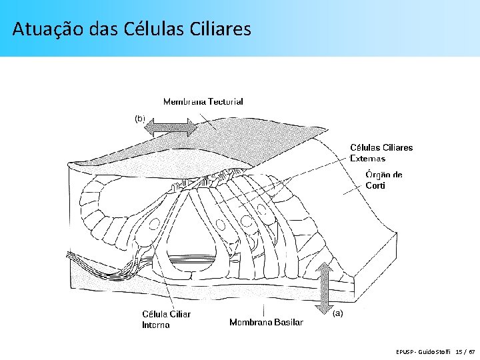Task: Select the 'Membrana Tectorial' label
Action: pyautogui.click(x=203, y=101)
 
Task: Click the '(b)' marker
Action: pyautogui.click(x=140, y=118)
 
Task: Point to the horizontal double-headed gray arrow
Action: pyautogui.click(x=171, y=127)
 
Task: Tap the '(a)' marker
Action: pyautogui.click(x=338, y=313)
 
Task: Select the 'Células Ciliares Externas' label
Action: pyautogui.click(x=381, y=153)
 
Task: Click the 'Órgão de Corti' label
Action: pyautogui.click(x=384, y=180)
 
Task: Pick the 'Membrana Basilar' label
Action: pyautogui.click(x=266, y=322)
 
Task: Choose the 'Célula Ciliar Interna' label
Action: pyautogui.click(x=166, y=319)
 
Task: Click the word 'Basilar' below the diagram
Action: pyautogui.click(x=288, y=322)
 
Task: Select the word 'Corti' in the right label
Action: pyautogui.click(x=375, y=185)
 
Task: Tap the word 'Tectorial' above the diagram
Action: pyautogui.click(x=225, y=101)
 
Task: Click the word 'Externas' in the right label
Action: pyautogui.click(x=367, y=159)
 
